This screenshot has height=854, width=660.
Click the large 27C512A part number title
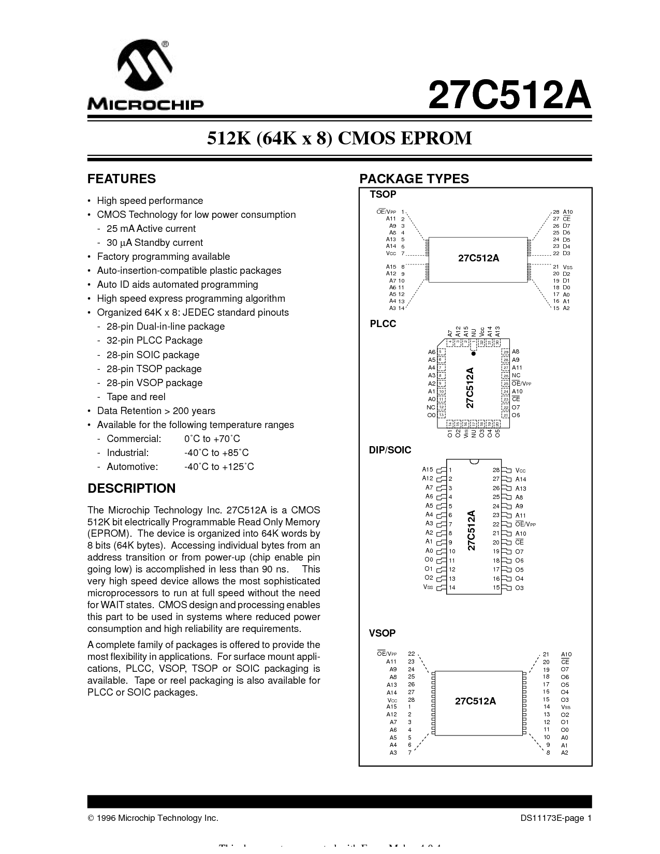509,95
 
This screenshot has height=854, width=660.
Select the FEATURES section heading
122,179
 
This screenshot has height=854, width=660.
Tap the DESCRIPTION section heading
131,488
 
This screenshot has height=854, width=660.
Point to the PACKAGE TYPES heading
414,179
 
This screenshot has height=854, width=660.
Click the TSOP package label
383,195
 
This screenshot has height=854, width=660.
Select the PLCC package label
383,324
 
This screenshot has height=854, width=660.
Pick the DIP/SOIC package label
390,450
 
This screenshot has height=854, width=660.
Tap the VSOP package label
382,633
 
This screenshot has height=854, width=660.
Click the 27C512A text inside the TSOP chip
478,258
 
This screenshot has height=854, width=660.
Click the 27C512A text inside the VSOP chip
475,701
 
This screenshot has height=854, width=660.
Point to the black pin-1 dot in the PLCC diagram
473,354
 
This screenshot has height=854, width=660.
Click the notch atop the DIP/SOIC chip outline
473,461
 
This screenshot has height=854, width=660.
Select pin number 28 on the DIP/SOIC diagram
496,470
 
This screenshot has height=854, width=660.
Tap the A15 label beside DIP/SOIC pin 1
428,470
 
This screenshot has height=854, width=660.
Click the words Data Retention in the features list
129,411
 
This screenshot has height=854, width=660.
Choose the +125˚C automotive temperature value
238,467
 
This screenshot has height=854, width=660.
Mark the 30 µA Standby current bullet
155,243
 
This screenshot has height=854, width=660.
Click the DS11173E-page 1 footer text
556,818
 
